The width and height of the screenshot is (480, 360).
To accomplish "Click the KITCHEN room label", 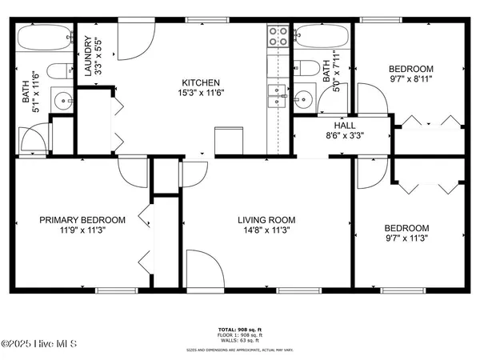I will coord(200,82).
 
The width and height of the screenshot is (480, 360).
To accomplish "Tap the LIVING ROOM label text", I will coord(266,220).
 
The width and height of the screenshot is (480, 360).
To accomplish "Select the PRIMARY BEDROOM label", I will coord(83,220).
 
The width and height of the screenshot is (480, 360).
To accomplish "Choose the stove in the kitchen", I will coord(277,36).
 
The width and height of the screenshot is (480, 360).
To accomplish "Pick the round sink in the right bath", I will coord(302,99).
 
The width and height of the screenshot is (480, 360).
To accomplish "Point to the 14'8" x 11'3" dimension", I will coord(266,232).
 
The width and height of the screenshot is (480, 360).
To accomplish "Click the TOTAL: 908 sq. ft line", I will coord(240,330).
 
